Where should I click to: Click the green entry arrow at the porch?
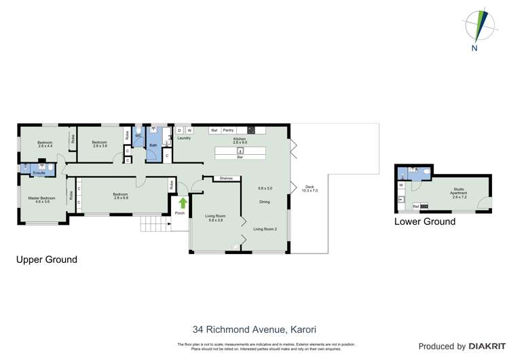(x=181, y=202)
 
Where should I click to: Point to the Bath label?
(x=153, y=145)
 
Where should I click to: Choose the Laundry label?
(x=184, y=139)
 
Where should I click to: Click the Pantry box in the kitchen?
(x=228, y=130)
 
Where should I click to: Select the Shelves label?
(x=226, y=179)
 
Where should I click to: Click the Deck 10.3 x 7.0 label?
(x=309, y=189)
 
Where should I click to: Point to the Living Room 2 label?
(x=266, y=230)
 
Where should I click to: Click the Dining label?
(x=265, y=202)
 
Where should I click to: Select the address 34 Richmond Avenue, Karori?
(x=254, y=330)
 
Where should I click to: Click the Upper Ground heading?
(x=47, y=259)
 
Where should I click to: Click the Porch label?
(x=180, y=213)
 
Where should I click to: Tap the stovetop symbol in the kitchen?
(x=251, y=130)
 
